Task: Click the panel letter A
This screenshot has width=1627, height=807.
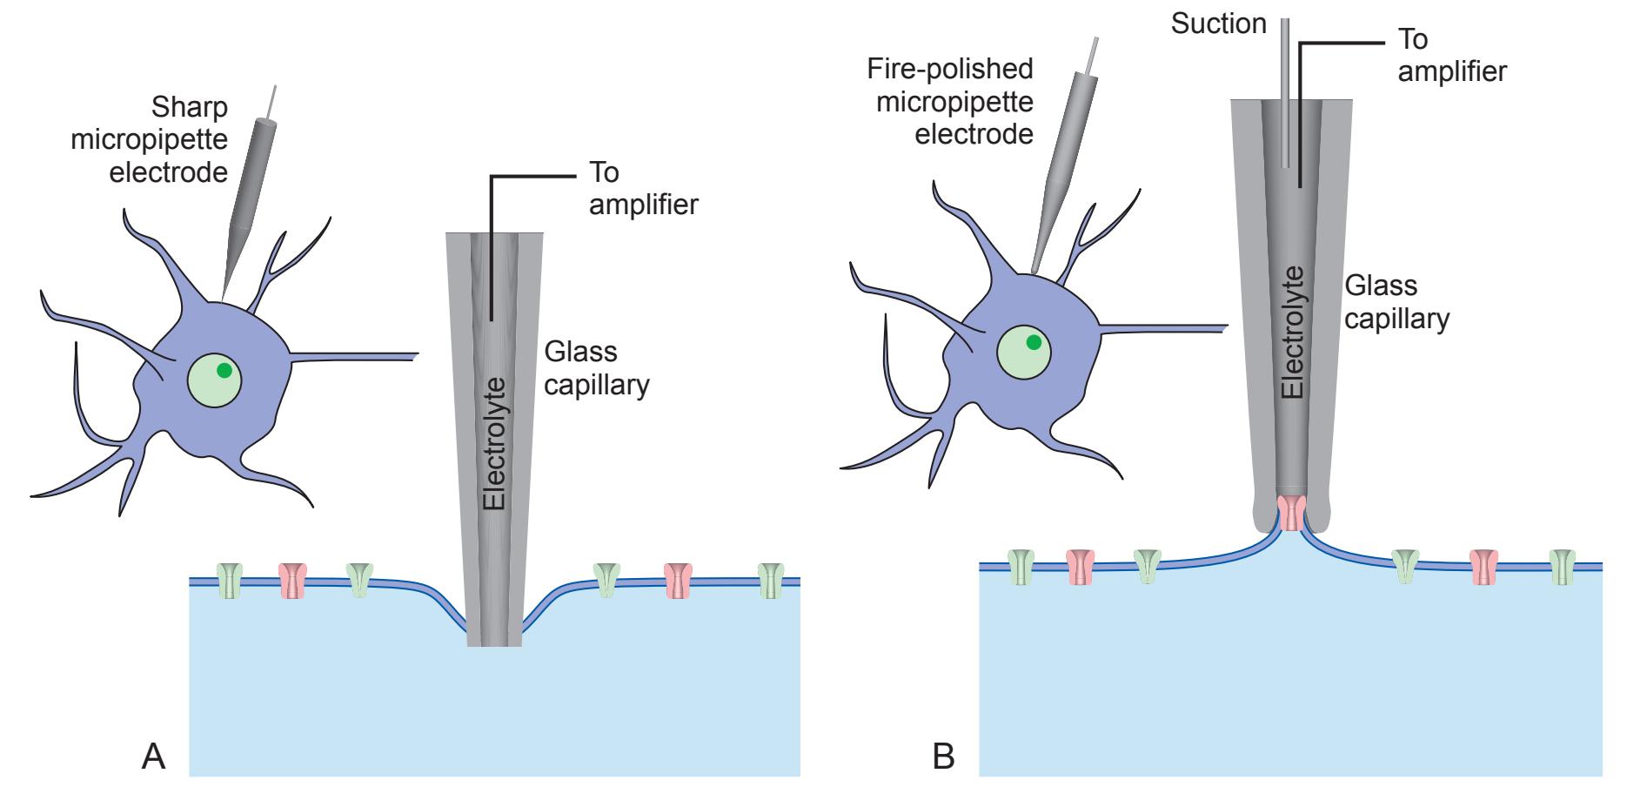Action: coord(153,756)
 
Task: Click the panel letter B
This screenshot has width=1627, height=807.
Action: coord(943,756)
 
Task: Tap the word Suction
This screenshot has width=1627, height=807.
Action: coord(1218,24)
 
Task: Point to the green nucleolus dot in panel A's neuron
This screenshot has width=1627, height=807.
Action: coord(224,370)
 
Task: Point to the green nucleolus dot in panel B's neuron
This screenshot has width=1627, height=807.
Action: coord(1034,342)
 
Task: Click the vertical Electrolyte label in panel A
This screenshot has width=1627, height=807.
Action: coord(494,444)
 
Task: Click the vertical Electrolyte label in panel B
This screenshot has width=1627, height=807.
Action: coord(1295,332)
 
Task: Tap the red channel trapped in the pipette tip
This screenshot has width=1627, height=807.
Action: coord(1292,514)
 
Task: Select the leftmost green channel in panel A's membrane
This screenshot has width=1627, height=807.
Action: coord(230,581)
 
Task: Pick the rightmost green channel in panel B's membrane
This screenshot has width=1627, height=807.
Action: coord(1563,566)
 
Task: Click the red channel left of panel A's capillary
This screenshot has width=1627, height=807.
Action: coord(293,581)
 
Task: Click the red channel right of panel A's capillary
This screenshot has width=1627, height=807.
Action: coord(678,581)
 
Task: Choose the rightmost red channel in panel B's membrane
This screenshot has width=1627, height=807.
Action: coord(1483,567)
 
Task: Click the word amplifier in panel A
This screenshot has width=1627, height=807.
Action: coord(644,205)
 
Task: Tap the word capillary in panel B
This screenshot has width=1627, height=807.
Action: coord(1396,319)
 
